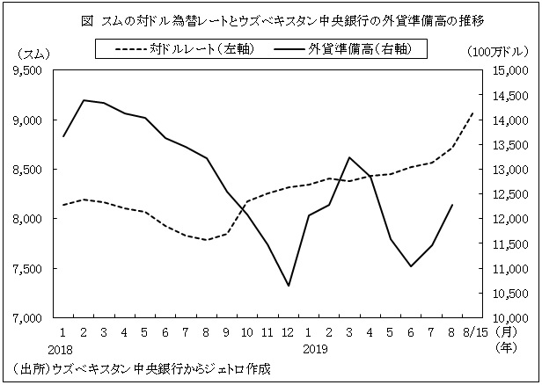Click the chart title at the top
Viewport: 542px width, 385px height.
click(270, 18)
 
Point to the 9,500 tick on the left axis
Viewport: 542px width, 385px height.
click(30, 71)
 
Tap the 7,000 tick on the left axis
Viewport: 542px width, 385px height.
click(30, 318)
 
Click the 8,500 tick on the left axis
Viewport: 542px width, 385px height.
click(30, 170)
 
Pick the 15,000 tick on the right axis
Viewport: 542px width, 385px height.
click(508, 71)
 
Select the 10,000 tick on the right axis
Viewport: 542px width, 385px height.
click(508, 318)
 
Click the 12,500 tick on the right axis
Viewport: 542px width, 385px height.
click(508, 194)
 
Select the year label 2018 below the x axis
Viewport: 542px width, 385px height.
click(63, 348)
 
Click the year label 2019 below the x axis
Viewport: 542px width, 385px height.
click(309, 348)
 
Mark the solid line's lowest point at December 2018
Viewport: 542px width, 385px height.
click(288, 286)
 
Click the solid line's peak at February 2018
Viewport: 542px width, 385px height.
click(84, 100)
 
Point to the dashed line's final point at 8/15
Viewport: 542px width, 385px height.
click(473, 113)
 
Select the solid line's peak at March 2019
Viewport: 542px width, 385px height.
click(349, 157)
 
